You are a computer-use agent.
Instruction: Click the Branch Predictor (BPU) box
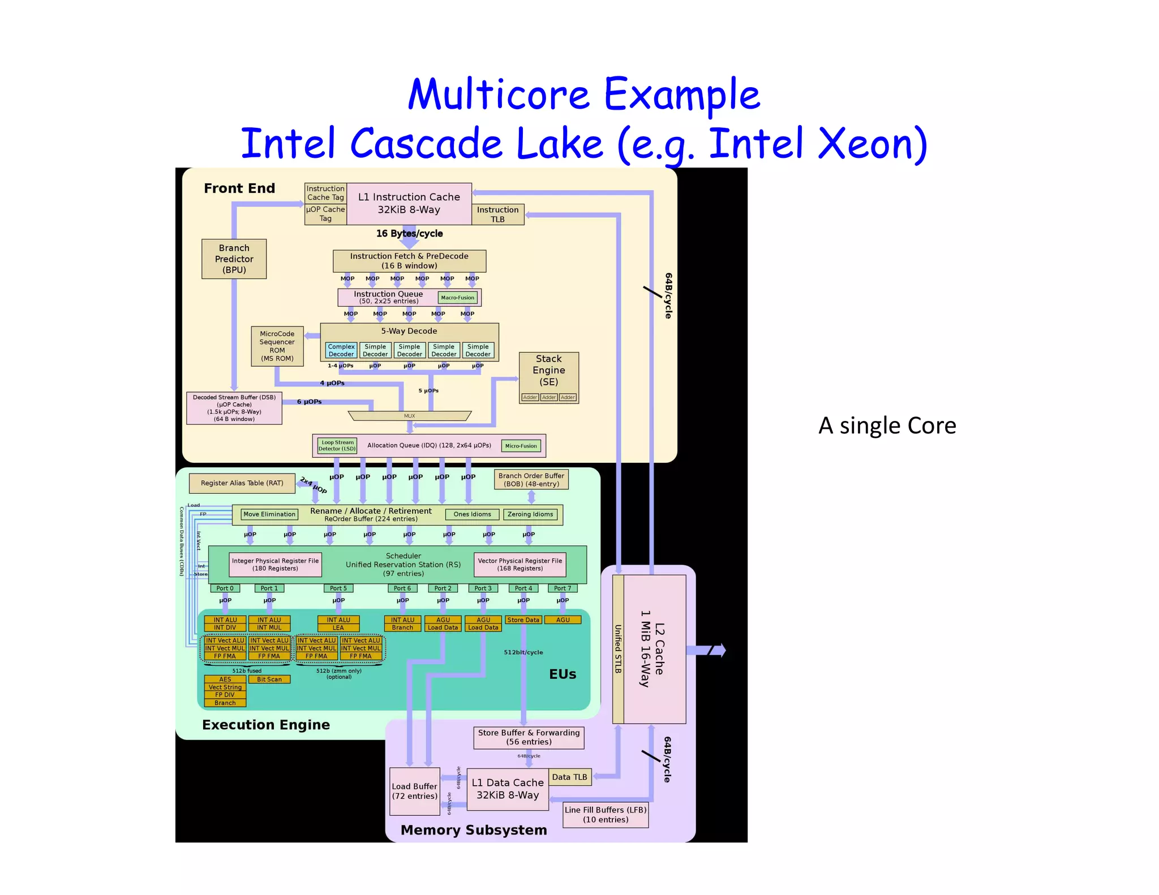[x=234, y=259]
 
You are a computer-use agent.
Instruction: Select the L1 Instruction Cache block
[x=409, y=203]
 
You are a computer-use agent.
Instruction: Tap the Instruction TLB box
[x=497, y=214]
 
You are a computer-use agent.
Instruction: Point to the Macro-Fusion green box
[x=457, y=297]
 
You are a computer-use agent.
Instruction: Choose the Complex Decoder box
[x=341, y=350]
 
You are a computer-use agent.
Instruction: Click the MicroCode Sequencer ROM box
[x=277, y=346]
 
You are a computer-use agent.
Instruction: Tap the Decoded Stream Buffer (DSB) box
[x=234, y=408]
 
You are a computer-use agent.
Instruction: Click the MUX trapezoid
[x=409, y=416]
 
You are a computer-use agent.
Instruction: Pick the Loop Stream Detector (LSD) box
[x=337, y=445]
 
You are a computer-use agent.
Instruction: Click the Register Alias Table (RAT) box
[x=242, y=483]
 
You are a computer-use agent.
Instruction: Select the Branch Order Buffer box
[x=531, y=479]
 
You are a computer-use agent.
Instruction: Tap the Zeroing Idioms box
[x=530, y=514]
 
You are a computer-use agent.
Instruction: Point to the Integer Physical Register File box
[x=275, y=564]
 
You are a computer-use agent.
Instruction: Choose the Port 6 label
[x=402, y=588]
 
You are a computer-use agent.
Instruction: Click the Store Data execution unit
[x=523, y=620]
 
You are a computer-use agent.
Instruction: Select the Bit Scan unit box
[x=269, y=679]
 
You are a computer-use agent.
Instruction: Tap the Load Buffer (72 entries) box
[x=414, y=791]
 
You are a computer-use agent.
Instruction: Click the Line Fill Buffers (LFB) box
[x=605, y=815]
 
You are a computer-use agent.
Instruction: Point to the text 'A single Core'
[x=887, y=425]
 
